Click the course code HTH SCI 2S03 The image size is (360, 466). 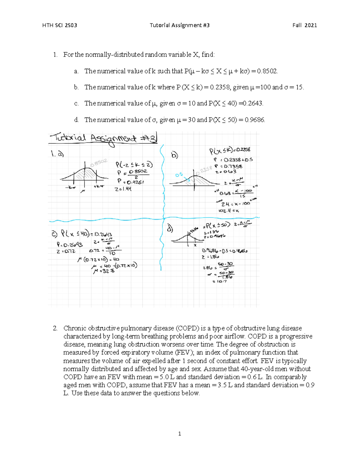pos(60,25)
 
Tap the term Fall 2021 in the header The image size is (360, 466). pos(304,25)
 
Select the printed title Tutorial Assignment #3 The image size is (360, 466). pos(179,25)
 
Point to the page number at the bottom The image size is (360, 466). pos(179,433)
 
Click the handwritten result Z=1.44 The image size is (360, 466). pos(123,189)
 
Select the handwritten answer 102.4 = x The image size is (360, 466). pos(229,211)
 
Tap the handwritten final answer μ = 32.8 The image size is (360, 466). pos(103,271)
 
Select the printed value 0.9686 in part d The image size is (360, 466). pos(255,120)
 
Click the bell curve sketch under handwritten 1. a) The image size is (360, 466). pos(84,176)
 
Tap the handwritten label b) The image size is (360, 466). pos(174,155)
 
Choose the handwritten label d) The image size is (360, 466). pos(170,229)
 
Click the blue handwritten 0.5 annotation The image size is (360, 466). pos(179,175)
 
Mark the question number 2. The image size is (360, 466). pos(55,328)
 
